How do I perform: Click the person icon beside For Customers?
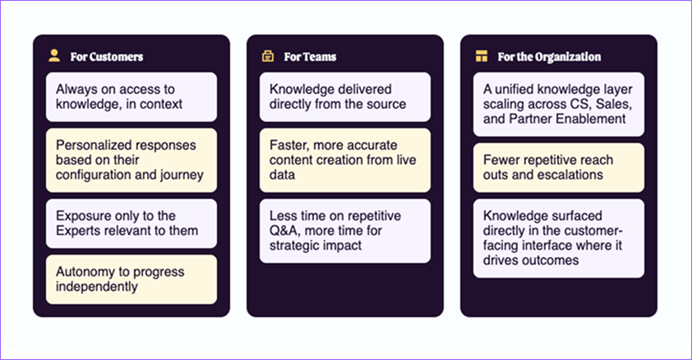(54, 56)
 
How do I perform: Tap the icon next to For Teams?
(267, 57)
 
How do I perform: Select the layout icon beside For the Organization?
(482, 57)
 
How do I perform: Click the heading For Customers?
(106, 57)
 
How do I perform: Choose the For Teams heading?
(310, 57)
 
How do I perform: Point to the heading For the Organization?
(549, 57)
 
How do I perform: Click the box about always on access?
(131, 96)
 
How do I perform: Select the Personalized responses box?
(131, 159)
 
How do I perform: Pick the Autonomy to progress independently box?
(131, 279)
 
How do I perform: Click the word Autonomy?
(84, 271)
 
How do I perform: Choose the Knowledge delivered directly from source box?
(345, 96)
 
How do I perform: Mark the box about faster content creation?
(345, 159)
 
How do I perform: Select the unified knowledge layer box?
(559, 104)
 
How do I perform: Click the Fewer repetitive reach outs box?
(559, 167)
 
